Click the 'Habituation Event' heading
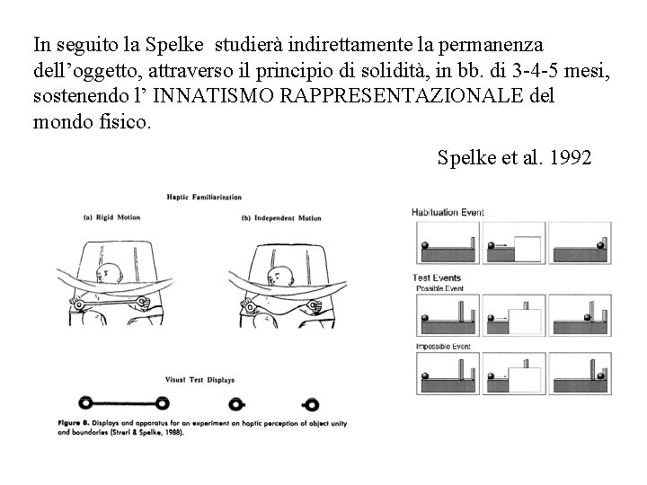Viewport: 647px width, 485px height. tap(448, 212)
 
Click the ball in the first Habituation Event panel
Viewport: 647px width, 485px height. tap(424, 245)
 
